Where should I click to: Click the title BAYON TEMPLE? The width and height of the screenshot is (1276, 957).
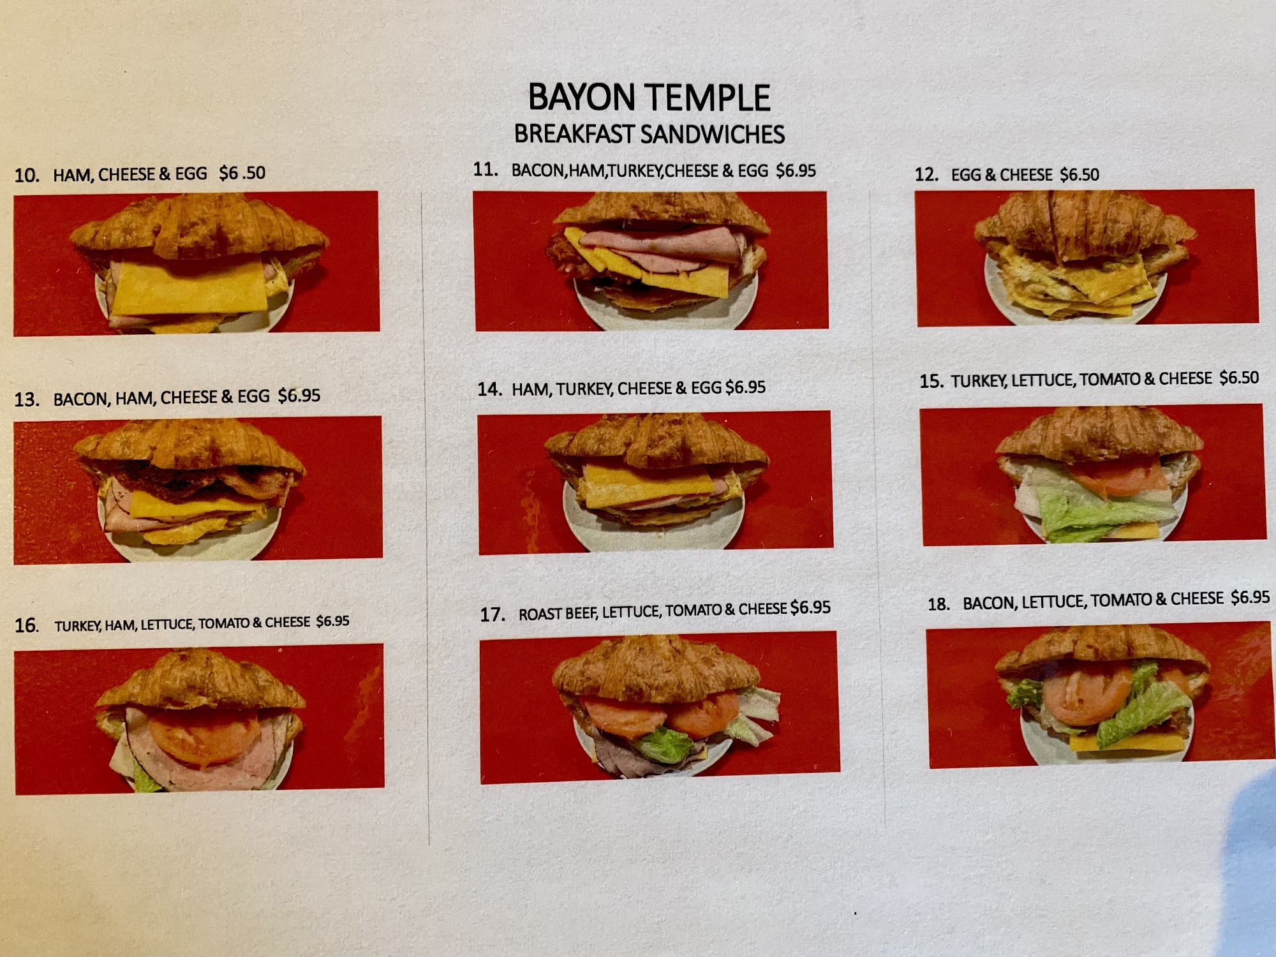click(649, 98)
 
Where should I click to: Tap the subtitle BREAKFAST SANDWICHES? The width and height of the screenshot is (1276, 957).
click(649, 134)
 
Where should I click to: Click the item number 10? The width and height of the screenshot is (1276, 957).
click(27, 175)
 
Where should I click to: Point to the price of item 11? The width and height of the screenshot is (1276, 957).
click(796, 170)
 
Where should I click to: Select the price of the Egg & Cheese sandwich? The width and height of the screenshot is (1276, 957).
click(1079, 174)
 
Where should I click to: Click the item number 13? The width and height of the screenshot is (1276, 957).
click(27, 400)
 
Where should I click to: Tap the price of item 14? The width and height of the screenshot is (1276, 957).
click(746, 387)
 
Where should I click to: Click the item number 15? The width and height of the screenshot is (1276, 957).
click(931, 381)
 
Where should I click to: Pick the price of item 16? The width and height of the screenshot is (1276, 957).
click(333, 621)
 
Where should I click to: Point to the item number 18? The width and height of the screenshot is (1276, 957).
click(938, 604)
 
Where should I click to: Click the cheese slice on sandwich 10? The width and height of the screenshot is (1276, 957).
click(189, 287)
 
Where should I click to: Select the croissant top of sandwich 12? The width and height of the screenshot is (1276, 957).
click(1085, 226)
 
